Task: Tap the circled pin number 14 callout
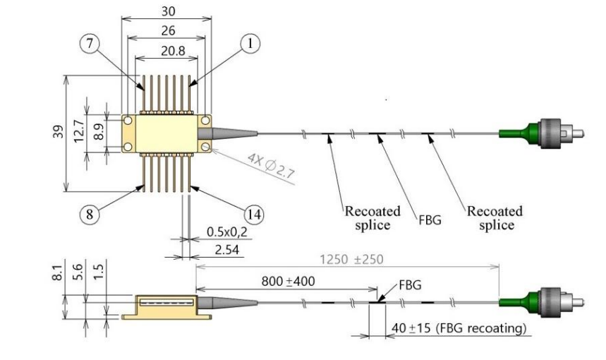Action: click(251, 212)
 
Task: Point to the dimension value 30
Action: click(167, 11)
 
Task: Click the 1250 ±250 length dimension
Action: click(352, 260)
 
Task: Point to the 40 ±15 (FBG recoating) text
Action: click(457, 328)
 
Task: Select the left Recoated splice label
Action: click(372, 218)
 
